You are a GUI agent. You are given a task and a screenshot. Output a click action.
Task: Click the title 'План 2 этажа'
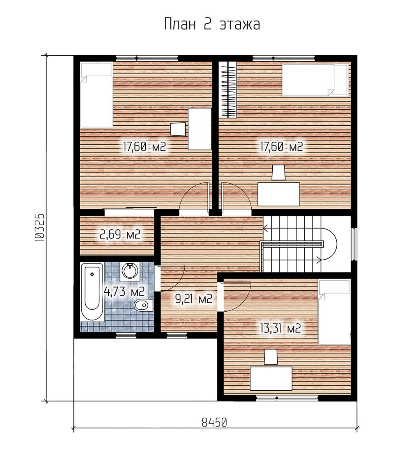(212, 24)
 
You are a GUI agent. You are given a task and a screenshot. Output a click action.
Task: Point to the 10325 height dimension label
(40, 228)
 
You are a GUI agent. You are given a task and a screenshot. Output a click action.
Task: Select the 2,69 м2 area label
(120, 234)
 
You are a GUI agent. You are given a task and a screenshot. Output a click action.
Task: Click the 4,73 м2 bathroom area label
(124, 291)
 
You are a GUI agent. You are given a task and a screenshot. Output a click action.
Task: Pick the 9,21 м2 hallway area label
(194, 299)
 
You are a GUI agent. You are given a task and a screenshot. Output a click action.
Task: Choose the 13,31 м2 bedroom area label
(281, 328)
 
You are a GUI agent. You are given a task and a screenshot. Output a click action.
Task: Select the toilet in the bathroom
(143, 305)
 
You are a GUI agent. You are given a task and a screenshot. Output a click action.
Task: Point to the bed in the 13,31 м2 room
(334, 312)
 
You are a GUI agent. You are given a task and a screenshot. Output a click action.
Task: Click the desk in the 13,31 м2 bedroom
(271, 378)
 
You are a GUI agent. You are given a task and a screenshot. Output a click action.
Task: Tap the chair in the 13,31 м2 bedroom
(271, 357)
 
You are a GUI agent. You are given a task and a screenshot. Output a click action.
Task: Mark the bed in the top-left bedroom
(96, 95)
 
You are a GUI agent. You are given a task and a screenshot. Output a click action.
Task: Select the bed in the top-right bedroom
(315, 80)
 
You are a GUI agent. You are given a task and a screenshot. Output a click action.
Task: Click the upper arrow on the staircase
(292, 228)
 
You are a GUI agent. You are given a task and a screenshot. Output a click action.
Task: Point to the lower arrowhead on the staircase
(319, 260)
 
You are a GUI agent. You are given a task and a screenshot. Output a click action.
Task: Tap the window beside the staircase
(354, 244)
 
